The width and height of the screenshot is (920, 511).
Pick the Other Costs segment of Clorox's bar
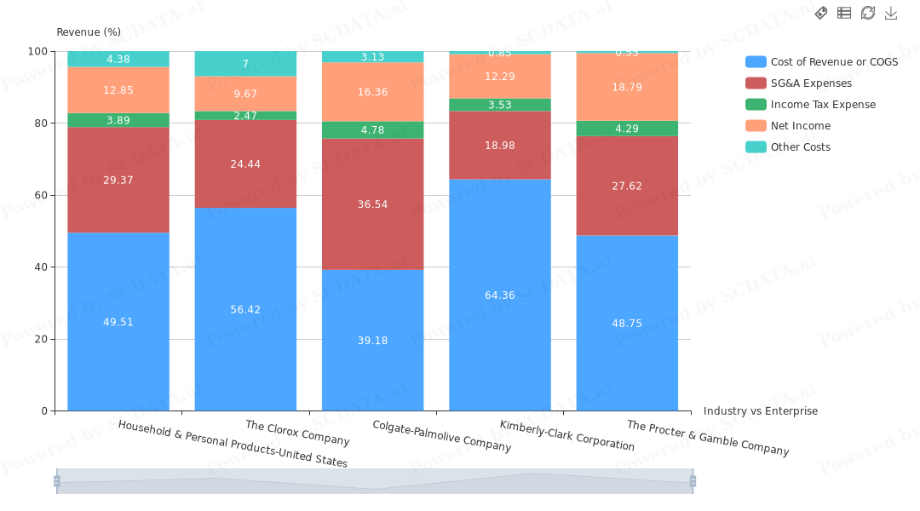tap(245, 64)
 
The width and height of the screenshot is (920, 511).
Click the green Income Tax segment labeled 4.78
tap(372, 130)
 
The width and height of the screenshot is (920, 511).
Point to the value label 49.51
tap(118, 322)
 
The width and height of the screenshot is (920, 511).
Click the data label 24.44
tap(245, 164)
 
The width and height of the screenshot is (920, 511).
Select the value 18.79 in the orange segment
tap(627, 87)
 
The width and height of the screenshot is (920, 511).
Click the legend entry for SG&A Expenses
tap(810, 83)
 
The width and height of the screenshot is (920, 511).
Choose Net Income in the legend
tap(800, 126)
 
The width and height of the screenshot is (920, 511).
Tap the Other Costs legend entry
tap(800, 147)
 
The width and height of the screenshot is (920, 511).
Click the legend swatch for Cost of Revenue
tap(756, 62)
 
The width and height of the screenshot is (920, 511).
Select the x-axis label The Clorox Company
tap(297, 433)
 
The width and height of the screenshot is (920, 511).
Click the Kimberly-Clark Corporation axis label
tap(566, 435)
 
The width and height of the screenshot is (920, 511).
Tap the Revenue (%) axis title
tap(89, 32)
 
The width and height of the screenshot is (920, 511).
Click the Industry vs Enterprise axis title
tap(760, 411)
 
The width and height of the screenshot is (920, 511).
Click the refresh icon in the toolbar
tap(868, 13)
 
